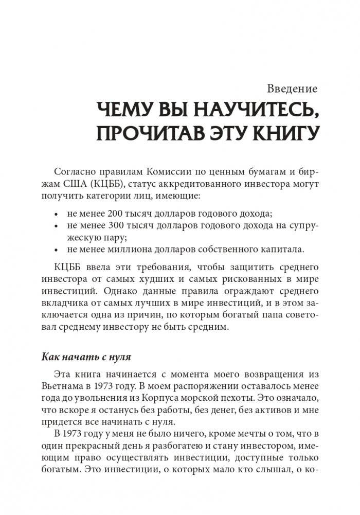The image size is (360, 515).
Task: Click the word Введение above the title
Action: (x=293, y=88)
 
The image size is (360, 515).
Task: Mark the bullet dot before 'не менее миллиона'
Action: (x=57, y=251)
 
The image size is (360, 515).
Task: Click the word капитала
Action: (x=283, y=250)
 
